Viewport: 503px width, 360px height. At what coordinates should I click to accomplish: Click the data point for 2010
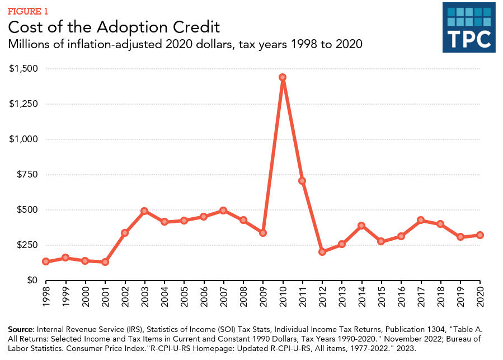pos(283,77)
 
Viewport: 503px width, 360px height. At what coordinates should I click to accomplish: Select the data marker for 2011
pos(302,181)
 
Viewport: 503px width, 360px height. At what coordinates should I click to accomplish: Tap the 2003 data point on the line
pos(144,211)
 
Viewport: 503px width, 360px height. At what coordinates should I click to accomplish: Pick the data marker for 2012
pos(322,252)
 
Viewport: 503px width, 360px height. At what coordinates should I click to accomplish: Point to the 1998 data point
pos(46,261)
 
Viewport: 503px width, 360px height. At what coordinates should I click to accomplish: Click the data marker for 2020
pos(480,235)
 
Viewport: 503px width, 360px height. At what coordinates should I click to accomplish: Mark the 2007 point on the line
pos(223,211)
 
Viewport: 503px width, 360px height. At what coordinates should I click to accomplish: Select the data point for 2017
pos(421,220)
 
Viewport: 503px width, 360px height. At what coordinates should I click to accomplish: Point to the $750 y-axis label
pos(26,175)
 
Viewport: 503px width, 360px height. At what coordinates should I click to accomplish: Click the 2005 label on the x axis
pos(184,297)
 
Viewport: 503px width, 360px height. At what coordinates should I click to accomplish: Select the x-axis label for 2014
pos(361,297)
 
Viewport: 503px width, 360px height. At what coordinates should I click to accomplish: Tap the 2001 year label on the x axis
pos(105,297)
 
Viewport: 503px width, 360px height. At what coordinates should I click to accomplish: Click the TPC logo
pos(469,27)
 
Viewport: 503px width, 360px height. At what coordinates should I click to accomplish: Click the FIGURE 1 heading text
pos(27,11)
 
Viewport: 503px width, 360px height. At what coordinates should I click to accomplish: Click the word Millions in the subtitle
pos(29,44)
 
